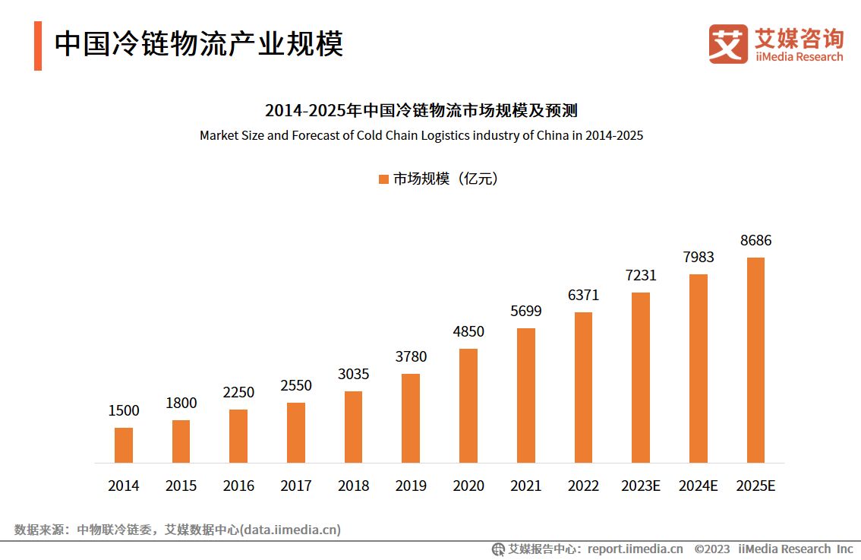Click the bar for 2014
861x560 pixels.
click(x=124, y=445)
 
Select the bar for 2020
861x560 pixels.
click(x=468, y=406)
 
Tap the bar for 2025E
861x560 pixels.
click(x=755, y=360)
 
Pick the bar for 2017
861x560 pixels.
click(x=296, y=432)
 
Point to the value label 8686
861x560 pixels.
click(x=755, y=240)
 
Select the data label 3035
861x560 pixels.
click(x=353, y=374)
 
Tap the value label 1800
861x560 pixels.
click(x=181, y=403)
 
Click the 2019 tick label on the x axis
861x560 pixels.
click(x=411, y=486)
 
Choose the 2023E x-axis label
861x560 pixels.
click(x=640, y=486)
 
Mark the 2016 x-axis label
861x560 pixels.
click(x=238, y=486)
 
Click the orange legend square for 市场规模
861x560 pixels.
click(x=383, y=179)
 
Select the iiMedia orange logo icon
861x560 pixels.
click(x=727, y=44)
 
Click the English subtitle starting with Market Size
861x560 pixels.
click(x=421, y=136)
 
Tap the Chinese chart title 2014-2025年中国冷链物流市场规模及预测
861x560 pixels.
click(x=421, y=111)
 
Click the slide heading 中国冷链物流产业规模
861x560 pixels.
click(x=199, y=44)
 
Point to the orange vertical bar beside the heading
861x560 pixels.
click(x=38, y=46)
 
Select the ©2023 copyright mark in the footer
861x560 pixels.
click(x=712, y=549)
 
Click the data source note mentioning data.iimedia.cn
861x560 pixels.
click(x=177, y=530)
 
